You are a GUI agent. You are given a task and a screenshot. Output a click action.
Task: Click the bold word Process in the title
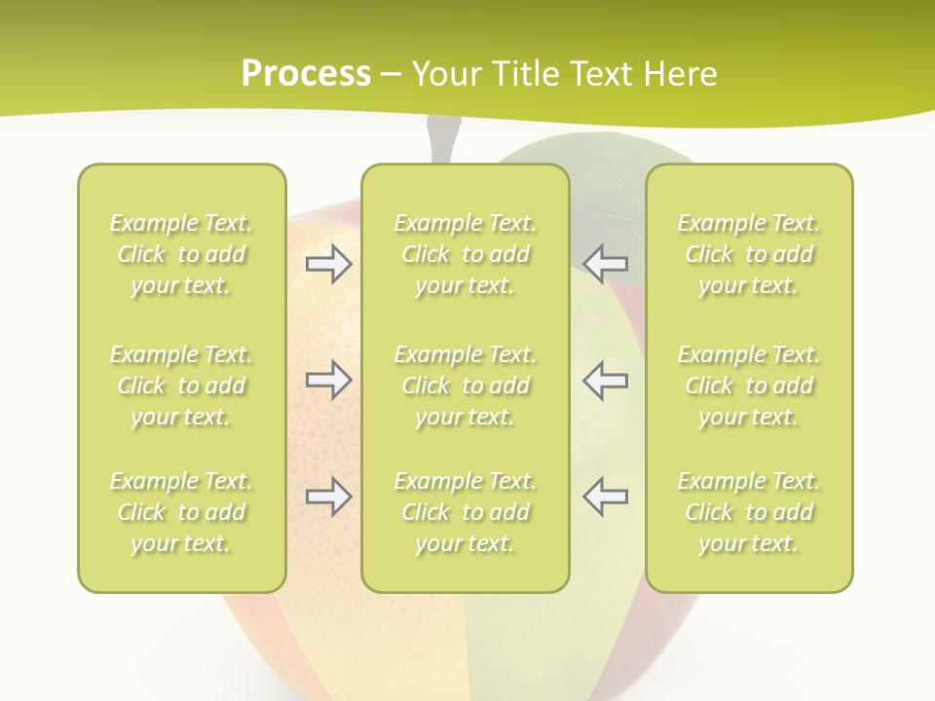tap(306, 74)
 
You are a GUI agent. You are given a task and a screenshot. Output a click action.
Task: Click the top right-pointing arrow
tap(329, 264)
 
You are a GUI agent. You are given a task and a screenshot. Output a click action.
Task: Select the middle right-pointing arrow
tap(329, 380)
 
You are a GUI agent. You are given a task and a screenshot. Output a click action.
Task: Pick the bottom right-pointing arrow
tap(329, 497)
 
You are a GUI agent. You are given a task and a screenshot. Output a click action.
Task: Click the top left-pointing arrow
tap(605, 264)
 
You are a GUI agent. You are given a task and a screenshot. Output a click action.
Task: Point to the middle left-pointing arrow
tap(605, 380)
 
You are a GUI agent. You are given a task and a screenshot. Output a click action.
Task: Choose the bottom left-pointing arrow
tap(605, 497)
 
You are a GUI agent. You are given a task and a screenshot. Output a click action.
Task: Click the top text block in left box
tap(181, 254)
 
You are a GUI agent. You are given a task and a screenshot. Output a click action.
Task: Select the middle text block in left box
tap(181, 386)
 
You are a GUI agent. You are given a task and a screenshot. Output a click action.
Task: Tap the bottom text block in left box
tap(181, 512)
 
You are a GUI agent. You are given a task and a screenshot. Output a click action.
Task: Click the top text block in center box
tap(466, 254)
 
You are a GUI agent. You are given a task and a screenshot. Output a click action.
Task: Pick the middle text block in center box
tap(466, 386)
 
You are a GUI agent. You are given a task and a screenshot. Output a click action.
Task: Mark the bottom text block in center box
tap(466, 512)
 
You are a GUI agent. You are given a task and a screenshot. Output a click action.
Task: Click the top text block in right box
tap(749, 254)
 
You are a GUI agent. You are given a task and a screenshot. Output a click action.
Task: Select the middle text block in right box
tap(749, 386)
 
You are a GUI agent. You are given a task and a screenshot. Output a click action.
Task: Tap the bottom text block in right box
tap(749, 512)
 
